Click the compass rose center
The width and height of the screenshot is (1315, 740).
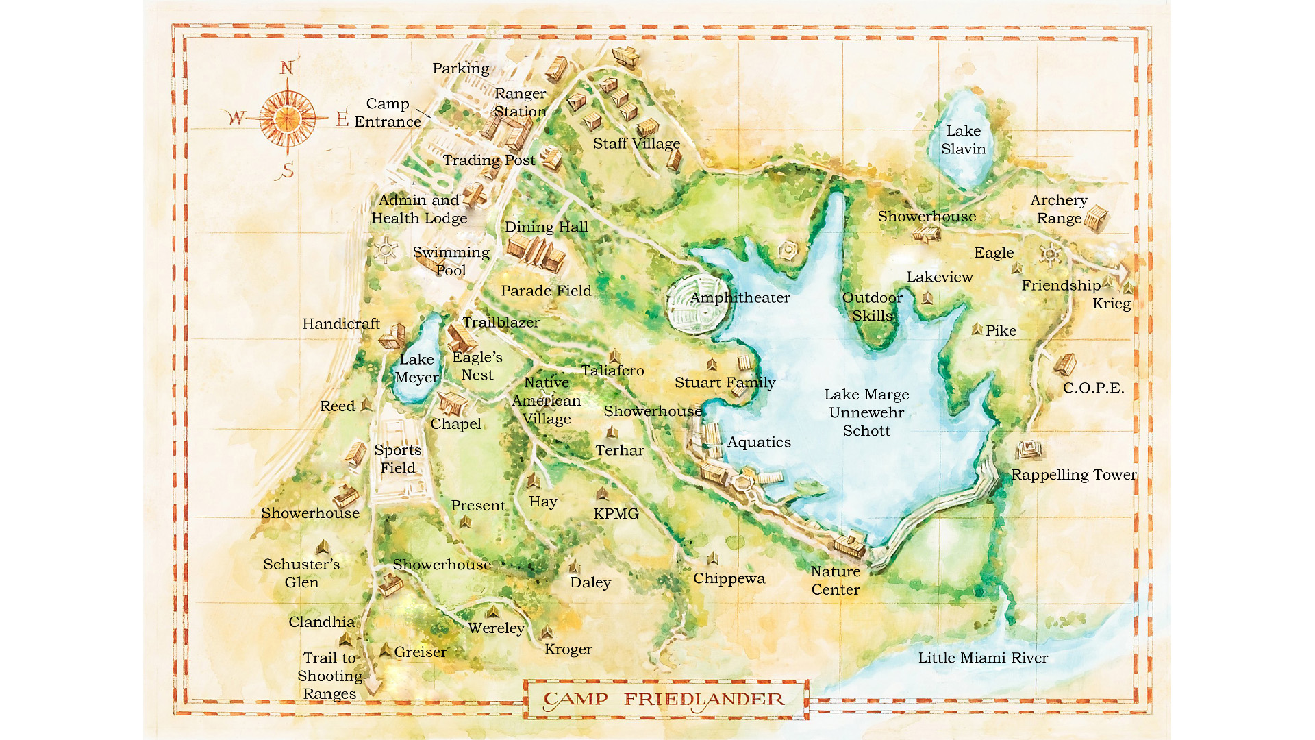tap(287, 119)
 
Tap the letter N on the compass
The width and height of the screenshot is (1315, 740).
tap(287, 68)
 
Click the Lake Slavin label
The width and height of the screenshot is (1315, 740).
tap(963, 140)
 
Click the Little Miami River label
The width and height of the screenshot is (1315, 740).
tap(982, 658)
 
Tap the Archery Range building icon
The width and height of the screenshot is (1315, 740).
tap(1096, 219)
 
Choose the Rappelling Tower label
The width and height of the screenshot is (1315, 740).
tap(1073, 475)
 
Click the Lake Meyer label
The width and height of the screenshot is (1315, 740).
tap(416, 369)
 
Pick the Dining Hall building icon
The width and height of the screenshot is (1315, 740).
tap(536, 254)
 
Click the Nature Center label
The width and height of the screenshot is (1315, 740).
tap(836, 580)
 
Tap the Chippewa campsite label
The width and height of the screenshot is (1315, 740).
tap(729, 578)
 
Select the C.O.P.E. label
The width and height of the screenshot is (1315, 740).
tap(1093, 388)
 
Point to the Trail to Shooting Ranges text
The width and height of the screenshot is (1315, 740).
tap(329, 676)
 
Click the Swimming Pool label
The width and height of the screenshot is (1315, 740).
tap(451, 261)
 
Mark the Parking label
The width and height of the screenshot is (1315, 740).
tap(460, 69)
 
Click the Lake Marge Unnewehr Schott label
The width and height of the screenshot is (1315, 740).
tap(866, 412)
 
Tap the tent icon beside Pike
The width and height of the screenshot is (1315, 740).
tap(977, 330)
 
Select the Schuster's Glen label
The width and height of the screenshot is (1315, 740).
tap(301, 573)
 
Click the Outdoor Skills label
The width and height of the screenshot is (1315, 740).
tap(872, 306)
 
